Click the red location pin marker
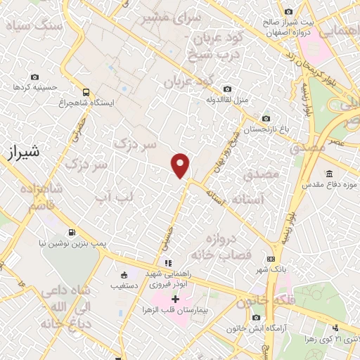coord(181,165)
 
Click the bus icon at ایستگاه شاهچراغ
coord(86,92)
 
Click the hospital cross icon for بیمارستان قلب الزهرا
coord(175,299)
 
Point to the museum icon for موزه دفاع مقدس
coord(328,174)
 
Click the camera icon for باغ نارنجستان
coord(265,119)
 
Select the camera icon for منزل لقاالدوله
coord(226,89)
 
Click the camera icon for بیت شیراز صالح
coord(288,12)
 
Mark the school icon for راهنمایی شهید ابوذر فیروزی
coord(167,263)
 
